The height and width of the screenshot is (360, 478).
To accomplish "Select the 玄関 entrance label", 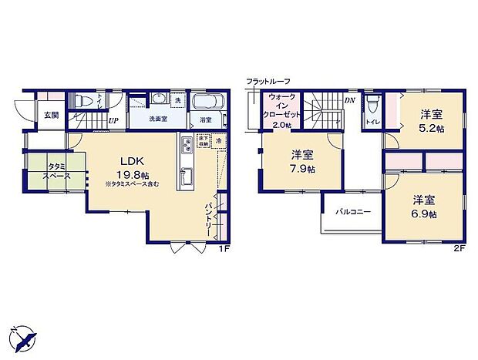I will point(50,115).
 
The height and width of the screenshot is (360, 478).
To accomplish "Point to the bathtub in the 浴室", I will point(207,101).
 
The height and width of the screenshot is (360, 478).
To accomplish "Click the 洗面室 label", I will point(157,119).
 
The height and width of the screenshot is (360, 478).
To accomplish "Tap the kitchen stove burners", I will point(187,146).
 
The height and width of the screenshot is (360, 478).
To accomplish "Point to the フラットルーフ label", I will point(269,81).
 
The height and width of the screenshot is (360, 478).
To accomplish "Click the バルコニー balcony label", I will point(352,211).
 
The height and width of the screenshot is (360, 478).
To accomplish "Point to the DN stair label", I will point(349,100).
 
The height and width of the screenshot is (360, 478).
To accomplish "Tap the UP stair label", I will point(113,121).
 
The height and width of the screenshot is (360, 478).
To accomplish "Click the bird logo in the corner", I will point(23,337).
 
